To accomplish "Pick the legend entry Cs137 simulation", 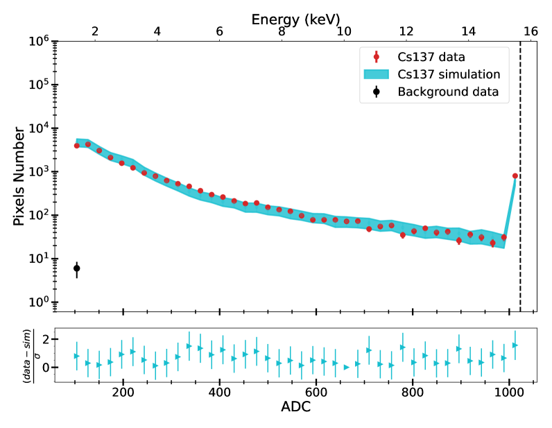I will pyautogui.click(x=449, y=74).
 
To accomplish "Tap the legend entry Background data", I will pyautogui.click(x=448, y=92).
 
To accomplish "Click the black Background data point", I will pyautogui.click(x=77, y=268).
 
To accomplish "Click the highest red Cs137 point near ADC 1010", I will pyautogui.click(x=515, y=176).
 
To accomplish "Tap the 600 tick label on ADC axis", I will pyautogui.click(x=316, y=391).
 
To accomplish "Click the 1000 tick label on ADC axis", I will pyautogui.click(x=509, y=391).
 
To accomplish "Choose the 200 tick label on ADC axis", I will pyautogui.click(x=123, y=391).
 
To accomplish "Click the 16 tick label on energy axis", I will pyautogui.click(x=531, y=31).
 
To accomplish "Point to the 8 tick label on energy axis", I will pyautogui.click(x=282, y=31).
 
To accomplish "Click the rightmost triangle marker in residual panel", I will pyautogui.click(x=515, y=345).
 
